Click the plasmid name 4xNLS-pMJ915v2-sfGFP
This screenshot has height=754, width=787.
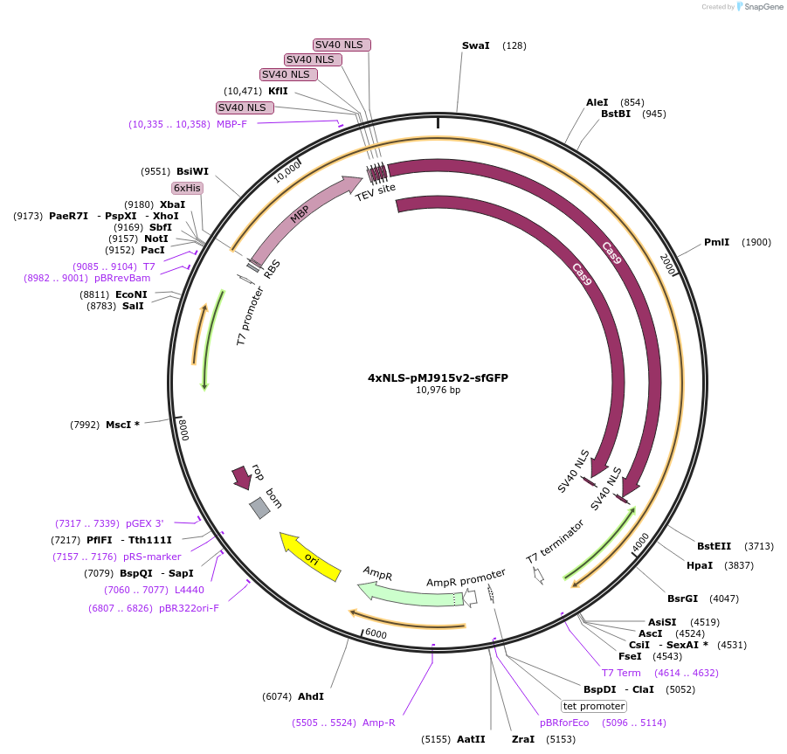pos(438,378)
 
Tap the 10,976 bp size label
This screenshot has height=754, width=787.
pos(438,391)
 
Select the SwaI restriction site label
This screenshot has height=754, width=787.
pos(476,45)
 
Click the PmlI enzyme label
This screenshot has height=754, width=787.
pos(716,242)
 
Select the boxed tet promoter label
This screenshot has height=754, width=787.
pos(594,706)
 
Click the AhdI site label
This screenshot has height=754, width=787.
pos(311,696)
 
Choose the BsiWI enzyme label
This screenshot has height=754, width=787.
pos(192,171)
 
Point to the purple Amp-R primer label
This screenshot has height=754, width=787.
pos(379,723)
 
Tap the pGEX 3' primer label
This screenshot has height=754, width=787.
pos(145,523)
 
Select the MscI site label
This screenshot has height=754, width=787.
pos(122,425)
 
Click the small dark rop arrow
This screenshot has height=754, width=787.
pos(241,477)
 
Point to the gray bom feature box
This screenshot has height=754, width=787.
pos(259,508)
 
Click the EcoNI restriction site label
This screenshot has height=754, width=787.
pos(131,294)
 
